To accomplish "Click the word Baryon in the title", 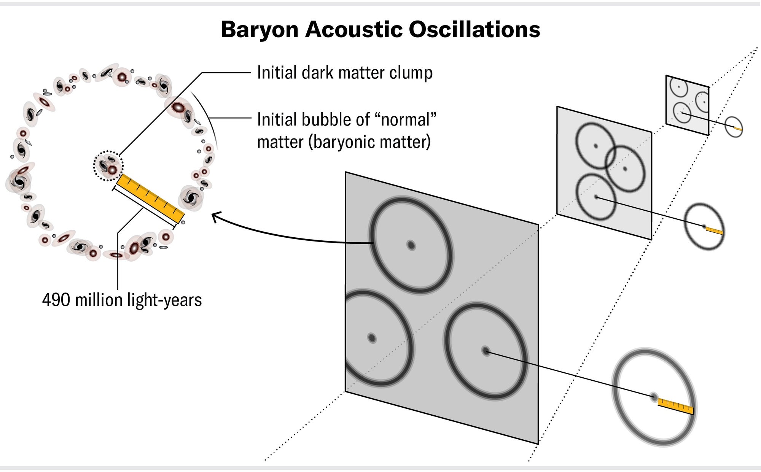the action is (260, 30).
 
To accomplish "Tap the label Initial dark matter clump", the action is (345, 73).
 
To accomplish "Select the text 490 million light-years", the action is (122, 300).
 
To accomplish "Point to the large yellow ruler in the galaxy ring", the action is (150, 199).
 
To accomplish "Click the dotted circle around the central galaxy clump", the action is (108, 166).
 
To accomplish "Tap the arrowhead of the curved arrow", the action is (215, 218).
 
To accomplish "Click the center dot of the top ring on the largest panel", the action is (411, 245).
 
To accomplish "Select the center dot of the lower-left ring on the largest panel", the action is (372, 338).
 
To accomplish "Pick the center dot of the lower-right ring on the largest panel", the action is (486, 351).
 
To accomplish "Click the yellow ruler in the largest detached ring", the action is (676, 406).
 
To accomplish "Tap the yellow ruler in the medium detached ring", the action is (714, 230).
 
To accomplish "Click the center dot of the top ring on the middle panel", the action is (596, 146).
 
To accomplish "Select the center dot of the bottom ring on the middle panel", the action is (596, 197).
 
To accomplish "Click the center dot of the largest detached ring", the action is (654, 397).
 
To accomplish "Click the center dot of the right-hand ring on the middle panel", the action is (625, 169).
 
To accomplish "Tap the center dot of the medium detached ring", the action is (704, 226).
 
